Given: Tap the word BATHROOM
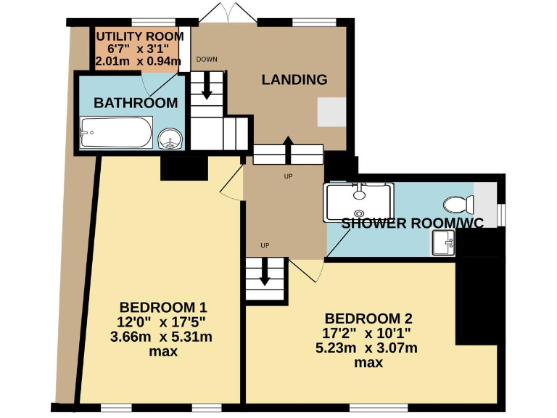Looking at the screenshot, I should coord(136,103).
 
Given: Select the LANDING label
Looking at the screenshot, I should coord(294,79).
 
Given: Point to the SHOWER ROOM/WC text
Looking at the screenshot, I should coord(412,223).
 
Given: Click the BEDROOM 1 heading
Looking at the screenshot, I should coord(157,306).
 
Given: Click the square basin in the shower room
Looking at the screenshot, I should coord(442,243).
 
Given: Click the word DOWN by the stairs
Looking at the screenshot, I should coord(206,60).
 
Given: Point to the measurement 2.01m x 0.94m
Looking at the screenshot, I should coord(138,62).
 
